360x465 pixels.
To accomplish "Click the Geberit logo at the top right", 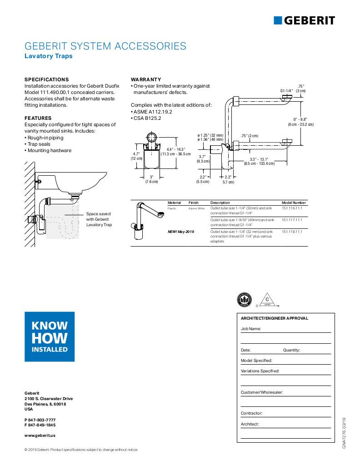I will (304, 20).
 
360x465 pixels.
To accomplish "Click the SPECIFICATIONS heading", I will (46, 79).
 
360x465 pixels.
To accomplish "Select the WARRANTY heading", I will (146, 79).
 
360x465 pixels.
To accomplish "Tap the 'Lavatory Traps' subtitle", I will (48, 56).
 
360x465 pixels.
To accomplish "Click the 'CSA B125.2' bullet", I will (146, 118).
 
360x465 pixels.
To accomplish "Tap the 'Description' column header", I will (220, 203).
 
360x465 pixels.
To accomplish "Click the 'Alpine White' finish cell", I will (196, 208).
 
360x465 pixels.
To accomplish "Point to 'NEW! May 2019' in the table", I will (181, 232).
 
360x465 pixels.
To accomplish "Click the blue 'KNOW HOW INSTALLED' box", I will (50, 336).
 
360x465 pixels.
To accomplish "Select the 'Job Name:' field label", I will (250, 328).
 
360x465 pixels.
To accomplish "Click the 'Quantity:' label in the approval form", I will (291, 350).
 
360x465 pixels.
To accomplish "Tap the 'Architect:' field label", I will (250, 424).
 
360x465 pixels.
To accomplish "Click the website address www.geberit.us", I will (40, 435).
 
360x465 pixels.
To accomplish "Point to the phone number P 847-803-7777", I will (40, 420).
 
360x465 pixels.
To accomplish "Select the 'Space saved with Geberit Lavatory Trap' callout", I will (98, 219).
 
